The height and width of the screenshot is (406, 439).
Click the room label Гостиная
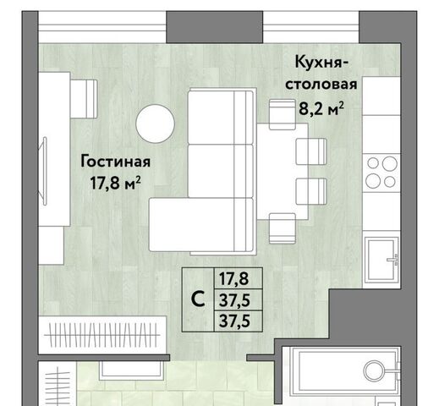[x=115, y=162]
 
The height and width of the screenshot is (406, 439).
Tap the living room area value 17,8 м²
[x=115, y=184]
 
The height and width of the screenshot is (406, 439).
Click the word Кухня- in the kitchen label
[x=321, y=62]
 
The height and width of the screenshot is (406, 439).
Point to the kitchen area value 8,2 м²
[x=321, y=109]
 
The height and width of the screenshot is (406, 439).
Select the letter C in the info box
[x=198, y=299]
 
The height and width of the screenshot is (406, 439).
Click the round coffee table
[x=155, y=123]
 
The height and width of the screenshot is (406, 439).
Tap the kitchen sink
[x=381, y=259]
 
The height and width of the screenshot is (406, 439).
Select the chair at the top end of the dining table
[x=283, y=115]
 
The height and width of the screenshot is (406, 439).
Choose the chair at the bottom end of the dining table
[x=283, y=228]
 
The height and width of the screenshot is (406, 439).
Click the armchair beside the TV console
[x=84, y=99]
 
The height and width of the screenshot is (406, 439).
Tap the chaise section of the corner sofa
[x=200, y=224]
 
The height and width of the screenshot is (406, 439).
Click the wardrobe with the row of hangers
[x=102, y=335]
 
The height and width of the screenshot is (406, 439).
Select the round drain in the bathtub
[x=374, y=370]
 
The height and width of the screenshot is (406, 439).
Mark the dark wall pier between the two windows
[x=215, y=27]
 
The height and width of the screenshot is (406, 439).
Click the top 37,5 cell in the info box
[x=234, y=300]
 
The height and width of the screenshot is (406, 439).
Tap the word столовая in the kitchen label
[x=321, y=85]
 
